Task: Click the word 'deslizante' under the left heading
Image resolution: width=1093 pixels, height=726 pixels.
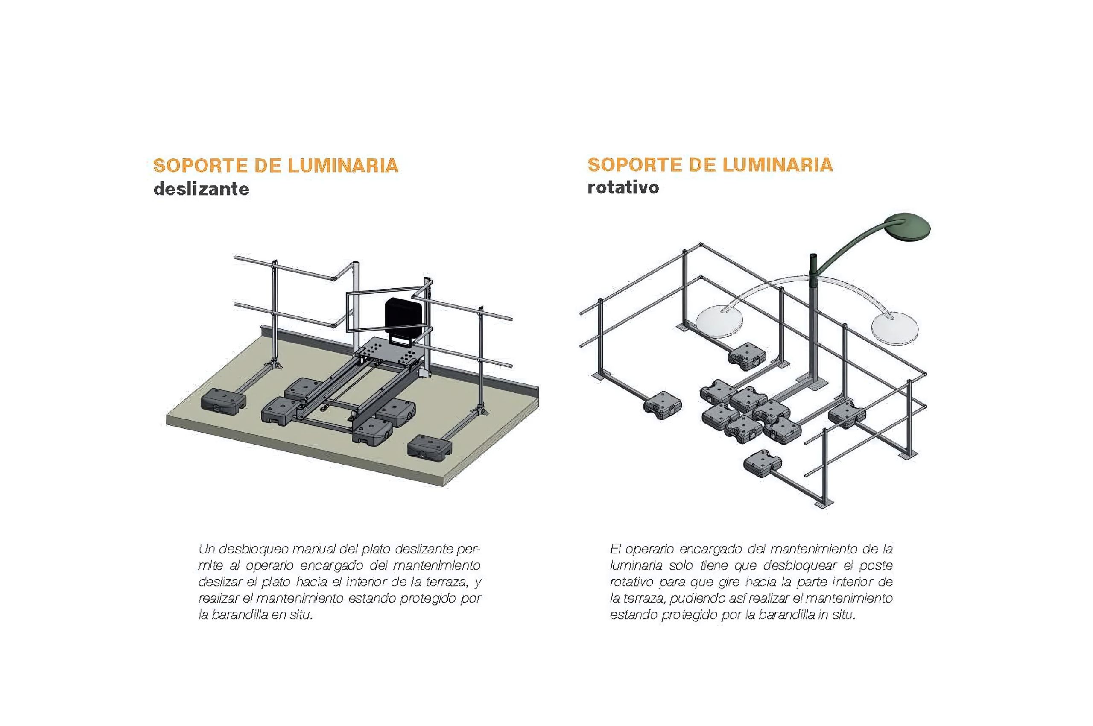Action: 202,189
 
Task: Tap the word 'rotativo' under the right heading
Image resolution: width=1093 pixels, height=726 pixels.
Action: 623,187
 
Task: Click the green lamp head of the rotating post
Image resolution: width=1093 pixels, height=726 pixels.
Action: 907,227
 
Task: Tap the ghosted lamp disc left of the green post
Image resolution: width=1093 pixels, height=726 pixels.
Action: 719,319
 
